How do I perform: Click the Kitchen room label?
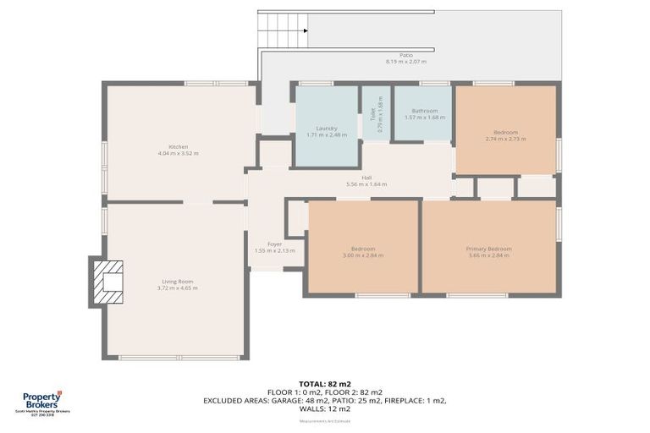tap(178, 147)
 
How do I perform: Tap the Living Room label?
tap(178, 282)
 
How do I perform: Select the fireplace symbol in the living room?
tap(107, 281)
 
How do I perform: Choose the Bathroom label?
tap(425, 111)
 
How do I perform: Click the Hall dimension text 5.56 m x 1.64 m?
tap(366, 184)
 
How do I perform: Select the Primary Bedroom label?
tap(488, 249)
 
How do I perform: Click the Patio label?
tap(406, 56)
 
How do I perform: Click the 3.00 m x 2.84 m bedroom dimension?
tap(363, 255)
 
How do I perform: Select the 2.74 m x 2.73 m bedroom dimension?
tap(506, 139)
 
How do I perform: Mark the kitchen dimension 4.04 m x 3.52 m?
tap(178, 154)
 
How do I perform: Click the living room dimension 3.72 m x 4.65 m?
tap(178, 288)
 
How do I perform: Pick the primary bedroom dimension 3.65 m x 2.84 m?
tap(488, 255)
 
